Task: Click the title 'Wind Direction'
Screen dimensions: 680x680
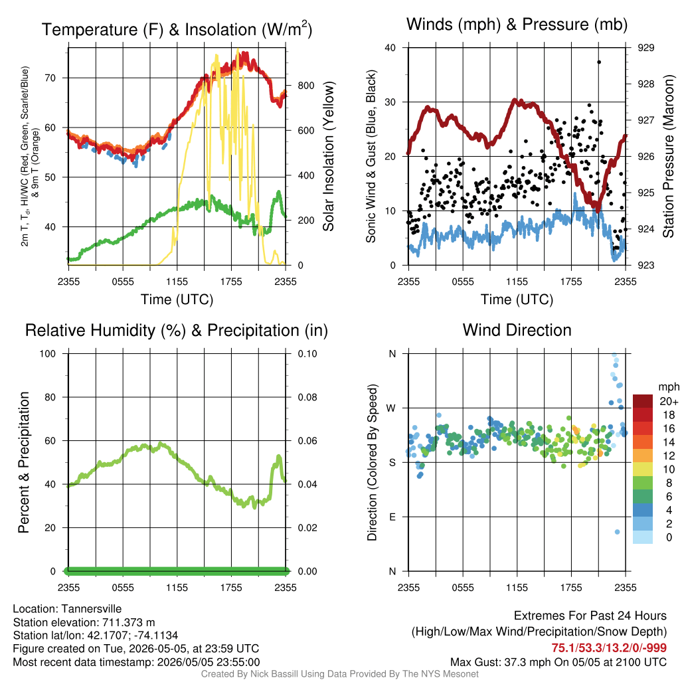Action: click(517, 330)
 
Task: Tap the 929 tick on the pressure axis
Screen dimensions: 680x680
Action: click(645, 48)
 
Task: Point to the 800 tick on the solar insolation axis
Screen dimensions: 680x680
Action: click(306, 86)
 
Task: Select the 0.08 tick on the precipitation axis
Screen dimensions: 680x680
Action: click(307, 397)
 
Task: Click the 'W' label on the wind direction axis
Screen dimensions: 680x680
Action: click(392, 408)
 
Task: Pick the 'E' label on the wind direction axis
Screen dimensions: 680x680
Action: click(392, 517)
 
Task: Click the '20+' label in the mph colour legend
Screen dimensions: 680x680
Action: click(669, 401)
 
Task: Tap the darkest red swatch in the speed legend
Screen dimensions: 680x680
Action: click(643, 401)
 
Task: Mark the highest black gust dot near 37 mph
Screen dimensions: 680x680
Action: click(599, 62)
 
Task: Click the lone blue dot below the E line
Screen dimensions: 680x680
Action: click(617, 532)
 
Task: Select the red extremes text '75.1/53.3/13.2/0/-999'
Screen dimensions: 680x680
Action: click(609, 648)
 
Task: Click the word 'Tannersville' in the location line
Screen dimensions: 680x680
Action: click(92, 609)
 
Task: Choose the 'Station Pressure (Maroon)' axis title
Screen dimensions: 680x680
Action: click(668, 156)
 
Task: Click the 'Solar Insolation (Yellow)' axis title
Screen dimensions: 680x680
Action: click(328, 156)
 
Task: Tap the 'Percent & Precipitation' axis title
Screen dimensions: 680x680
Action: click(24, 462)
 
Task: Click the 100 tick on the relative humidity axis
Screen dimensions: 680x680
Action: click(48, 354)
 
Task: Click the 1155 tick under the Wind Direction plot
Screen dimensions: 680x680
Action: click(517, 588)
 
